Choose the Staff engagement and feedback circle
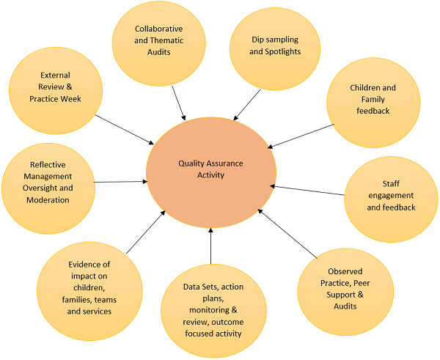coord(390,195)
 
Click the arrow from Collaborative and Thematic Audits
coord(177,102)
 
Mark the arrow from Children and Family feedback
coord(308,136)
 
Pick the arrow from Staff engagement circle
coord(307,191)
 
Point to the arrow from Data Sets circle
coord(211,246)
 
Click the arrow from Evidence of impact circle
coord(146,232)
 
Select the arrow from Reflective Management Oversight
coord(120,181)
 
